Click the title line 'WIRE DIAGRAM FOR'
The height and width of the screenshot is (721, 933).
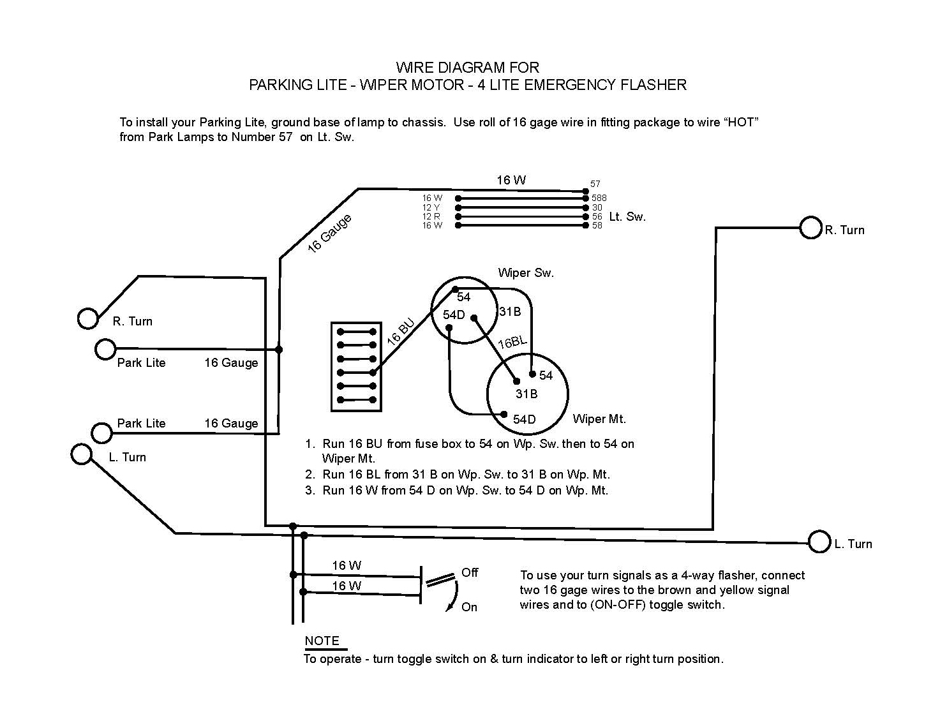467,68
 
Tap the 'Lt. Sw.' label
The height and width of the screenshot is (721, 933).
627,217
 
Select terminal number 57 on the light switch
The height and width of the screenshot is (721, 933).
595,184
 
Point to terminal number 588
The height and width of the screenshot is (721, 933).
599,198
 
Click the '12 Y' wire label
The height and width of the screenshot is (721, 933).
431,207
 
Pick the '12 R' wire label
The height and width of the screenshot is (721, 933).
431,216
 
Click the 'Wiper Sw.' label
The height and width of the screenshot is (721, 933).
526,273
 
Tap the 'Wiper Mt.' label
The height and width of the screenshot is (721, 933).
599,419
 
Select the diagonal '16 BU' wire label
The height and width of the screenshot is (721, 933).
401,332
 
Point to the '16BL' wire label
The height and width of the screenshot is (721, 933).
512,343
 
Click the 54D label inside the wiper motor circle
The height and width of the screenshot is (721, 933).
524,419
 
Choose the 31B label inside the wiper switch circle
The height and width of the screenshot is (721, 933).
510,311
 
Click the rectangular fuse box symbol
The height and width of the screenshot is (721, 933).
356,366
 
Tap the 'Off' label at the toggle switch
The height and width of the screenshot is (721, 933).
470,572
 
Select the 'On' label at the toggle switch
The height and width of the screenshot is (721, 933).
469,607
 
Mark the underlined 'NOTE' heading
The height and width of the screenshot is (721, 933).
322,641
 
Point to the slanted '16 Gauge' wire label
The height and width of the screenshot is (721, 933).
329,234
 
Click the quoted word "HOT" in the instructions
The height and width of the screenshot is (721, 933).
740,122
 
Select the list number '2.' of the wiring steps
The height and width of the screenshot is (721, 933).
310,475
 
